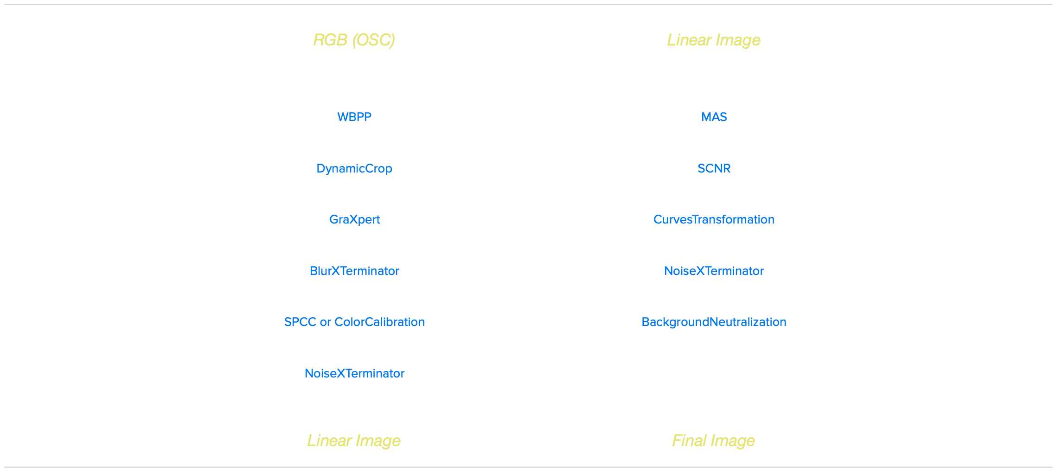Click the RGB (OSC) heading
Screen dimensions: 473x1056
354,40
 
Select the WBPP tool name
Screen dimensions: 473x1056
354,117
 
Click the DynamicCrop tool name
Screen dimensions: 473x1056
354,168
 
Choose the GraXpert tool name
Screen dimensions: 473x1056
355,219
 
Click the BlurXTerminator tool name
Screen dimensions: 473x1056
354,271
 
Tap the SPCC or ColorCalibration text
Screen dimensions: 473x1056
354,322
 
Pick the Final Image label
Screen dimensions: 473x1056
713,441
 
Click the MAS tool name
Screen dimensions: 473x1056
714,117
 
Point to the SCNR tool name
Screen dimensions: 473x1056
714,168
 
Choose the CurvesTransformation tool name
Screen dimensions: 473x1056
714,219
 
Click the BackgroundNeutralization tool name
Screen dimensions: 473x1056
714,322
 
